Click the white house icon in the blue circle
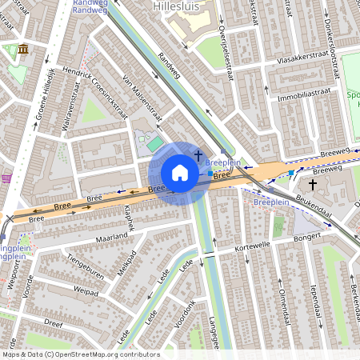(180, 173)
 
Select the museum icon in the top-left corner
(22, 50)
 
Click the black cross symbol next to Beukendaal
(313, 184)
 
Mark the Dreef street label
(54, 325)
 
